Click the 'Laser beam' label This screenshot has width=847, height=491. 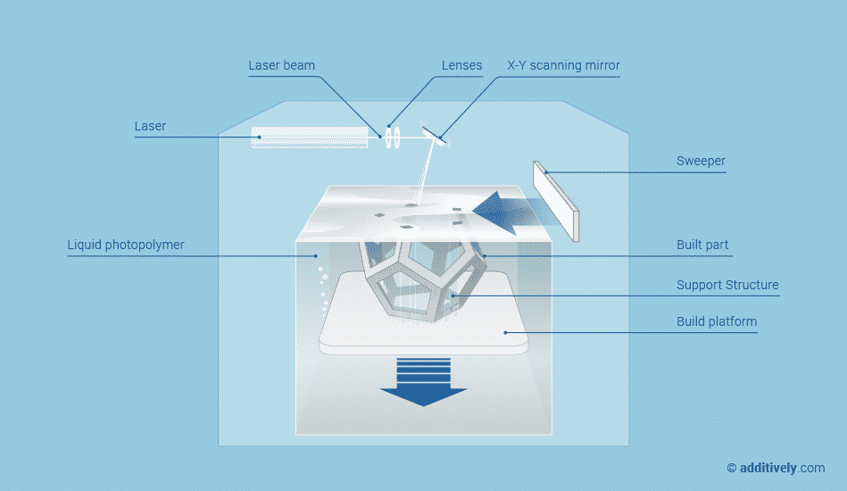point(281,65)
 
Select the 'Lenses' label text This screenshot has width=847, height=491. point(461,65)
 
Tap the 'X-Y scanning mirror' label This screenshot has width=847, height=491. point(563,65)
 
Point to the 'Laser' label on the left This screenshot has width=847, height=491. point(150,126)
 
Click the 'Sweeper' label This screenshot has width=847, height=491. point(701,162)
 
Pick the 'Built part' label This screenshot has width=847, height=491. point(702,245)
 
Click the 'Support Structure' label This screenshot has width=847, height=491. point(727,285)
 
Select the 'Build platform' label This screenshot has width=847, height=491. point(717,321)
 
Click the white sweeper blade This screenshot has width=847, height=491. point(556,200)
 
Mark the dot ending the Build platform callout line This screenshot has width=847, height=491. point(506,333)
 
